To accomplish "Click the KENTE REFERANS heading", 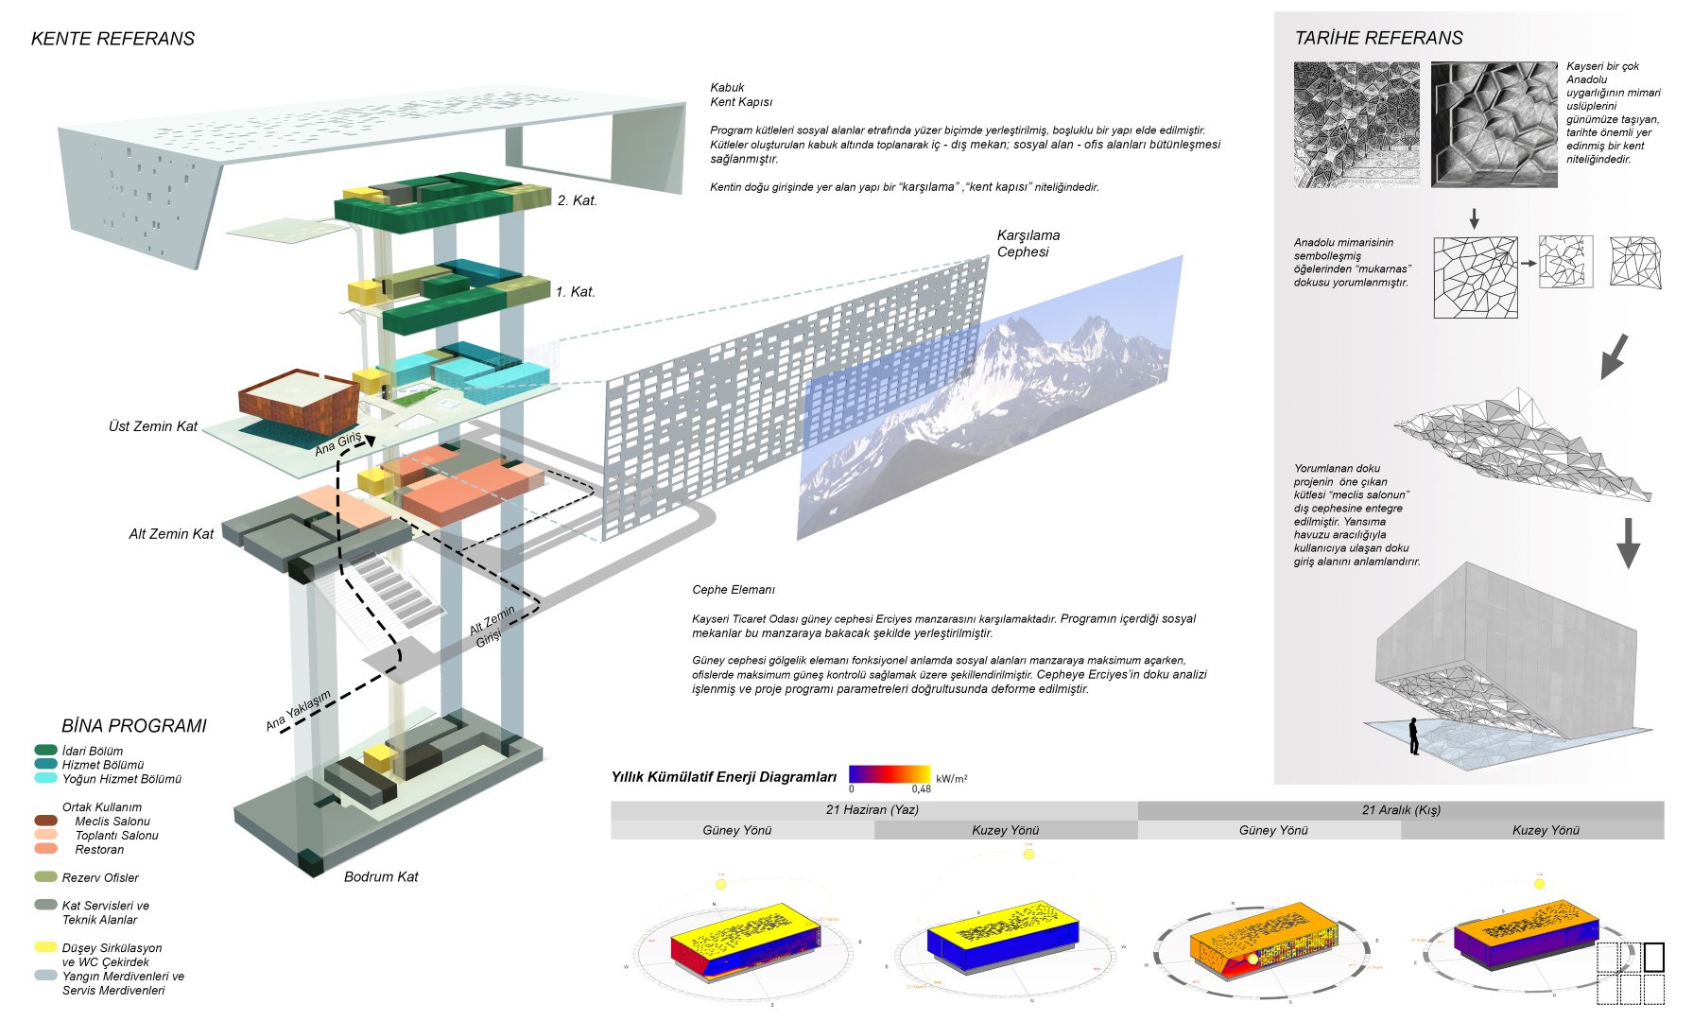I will click(112, 39).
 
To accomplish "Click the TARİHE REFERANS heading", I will click(1378, 38).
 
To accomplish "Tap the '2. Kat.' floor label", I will click(577, 200).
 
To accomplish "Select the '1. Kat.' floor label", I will click(575, 292).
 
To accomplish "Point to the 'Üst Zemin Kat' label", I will click(153, 426).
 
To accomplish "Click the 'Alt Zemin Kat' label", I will click(171, 534).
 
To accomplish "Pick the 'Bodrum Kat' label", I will click(381, 877).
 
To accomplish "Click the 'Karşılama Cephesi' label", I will click(1028, 244).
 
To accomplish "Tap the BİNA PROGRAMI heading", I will click(133, 726).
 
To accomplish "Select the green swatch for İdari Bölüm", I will click(45, 751).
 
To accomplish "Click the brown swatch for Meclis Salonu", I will click(45, 821).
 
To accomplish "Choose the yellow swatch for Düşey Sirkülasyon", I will click(45, 947).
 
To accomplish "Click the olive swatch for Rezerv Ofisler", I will click(45, 877).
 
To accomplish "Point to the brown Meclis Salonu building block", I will click(299, 401).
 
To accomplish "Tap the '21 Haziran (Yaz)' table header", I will click(872, 810).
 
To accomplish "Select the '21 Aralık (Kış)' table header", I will click(1401, 810).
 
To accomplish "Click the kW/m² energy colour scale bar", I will click(889, 774).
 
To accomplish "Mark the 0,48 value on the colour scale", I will click(921, 789).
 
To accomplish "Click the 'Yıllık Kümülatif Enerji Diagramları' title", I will click(724, 777).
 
